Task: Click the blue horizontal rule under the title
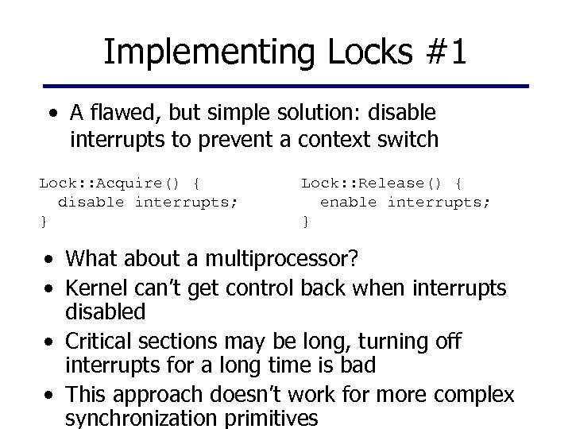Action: coord(286,86)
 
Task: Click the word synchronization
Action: coord(148,418)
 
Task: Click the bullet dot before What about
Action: coord(50,260)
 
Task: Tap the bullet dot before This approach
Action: coord(50,394)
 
